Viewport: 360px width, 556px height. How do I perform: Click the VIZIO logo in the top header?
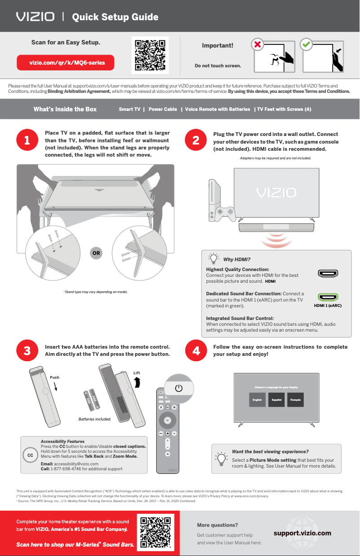(x=35, y=17)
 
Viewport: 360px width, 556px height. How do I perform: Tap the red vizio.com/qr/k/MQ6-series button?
(x=66, y=63)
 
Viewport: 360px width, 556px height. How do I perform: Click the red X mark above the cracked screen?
(x=257, y=45)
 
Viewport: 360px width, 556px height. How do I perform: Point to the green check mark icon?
(x=306, y=45)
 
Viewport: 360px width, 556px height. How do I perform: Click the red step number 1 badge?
(x=27, y=141)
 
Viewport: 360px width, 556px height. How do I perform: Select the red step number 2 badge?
(x=196, y=141)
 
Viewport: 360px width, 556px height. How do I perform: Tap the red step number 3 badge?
(x=27, y=351)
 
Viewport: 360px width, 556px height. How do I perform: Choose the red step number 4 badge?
(x=196, y=351)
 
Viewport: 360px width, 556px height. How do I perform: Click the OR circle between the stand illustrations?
(x=96, y=253)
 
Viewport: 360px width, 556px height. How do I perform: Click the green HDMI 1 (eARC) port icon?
(x=328, y=297)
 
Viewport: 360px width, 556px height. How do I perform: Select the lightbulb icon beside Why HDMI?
(x=215, y=259)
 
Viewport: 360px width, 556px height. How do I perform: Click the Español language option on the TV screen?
(x=277, y=399)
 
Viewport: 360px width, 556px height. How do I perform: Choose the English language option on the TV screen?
(x=257, y=399)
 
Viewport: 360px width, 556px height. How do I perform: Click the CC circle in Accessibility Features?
(x=31, y=455)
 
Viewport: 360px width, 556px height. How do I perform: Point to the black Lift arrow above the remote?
(x=137, y=382)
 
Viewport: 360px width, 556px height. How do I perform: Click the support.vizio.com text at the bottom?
(x=302, y=533)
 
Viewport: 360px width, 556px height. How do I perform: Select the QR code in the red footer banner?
(x=155, y=533)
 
